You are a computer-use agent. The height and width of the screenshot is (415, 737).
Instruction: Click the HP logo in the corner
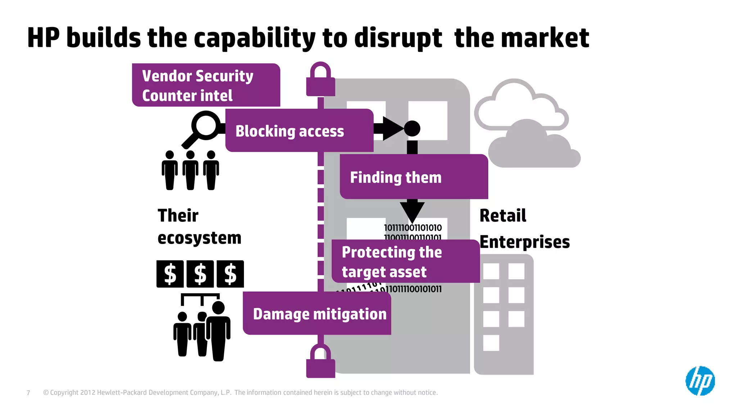pos(700,381)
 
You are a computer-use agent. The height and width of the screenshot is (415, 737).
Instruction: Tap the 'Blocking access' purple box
pos(299,130)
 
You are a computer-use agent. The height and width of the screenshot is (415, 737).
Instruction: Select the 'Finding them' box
pos(413,177)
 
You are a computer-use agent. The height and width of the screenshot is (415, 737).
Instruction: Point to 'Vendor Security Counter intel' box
pos(205,85)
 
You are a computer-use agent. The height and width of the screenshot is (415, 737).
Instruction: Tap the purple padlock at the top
pos(320,80)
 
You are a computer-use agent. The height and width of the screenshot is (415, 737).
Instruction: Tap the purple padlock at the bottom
pos(320,361)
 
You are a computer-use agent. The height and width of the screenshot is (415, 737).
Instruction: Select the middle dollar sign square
pos(200,274)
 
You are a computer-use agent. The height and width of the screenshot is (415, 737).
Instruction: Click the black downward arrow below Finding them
pos(412,211)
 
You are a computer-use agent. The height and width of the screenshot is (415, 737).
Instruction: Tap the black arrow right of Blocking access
pos(390,128)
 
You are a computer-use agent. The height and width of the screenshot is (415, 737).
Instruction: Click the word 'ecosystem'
pos(199,238)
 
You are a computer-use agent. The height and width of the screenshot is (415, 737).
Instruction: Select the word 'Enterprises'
pos(524,242)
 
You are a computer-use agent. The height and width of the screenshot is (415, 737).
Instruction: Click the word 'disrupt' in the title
pos(398,38)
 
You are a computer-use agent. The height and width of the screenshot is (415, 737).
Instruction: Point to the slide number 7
pos(28,393)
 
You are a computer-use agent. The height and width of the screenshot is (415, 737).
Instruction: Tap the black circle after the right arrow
pos(412,128)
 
